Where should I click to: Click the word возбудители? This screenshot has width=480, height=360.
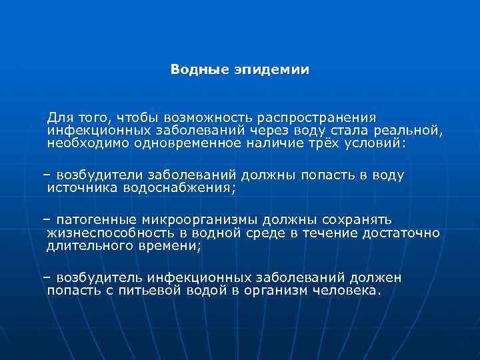pyautogui.click(x=99, y=175)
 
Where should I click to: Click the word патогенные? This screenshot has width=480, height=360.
pyautogui.click(x=96, y=221)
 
